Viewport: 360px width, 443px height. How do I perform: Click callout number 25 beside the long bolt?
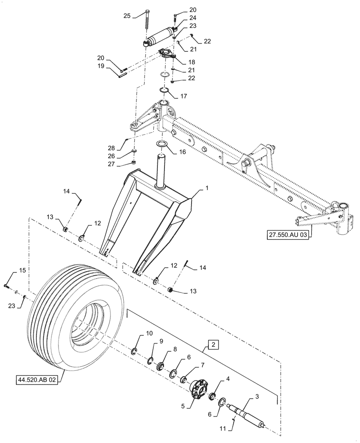[127, 16]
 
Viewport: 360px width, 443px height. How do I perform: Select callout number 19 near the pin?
[101, 66]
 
